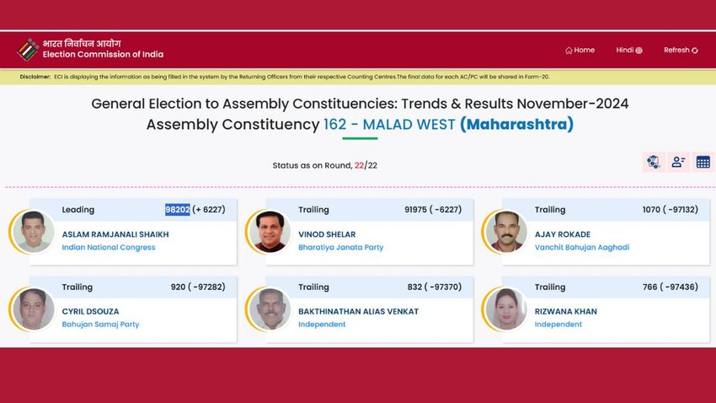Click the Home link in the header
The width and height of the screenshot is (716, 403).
(x=580, y=51)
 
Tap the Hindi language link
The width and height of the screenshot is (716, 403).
(x=629, y=51)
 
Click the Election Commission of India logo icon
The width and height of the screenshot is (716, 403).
(x=28, y=50)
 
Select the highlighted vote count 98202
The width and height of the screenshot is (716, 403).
(x=178, y=210)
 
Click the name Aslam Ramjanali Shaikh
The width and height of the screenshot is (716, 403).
(x=115, y=234)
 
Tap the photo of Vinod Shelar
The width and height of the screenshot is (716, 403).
(x=270, y=231)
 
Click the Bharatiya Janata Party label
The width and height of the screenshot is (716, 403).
(x=340, y=247)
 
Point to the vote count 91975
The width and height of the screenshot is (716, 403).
(x=417, y=210)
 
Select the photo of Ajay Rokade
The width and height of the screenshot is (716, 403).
(x=506, y=231)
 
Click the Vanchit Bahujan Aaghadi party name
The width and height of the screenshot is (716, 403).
(x=582, y=247)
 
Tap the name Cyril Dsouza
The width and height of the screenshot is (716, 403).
(x=90, y=312)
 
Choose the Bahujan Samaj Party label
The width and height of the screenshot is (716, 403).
(x=100, y=325)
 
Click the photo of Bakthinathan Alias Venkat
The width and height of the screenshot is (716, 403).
(x=270, y=309)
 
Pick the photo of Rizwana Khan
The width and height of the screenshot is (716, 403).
(x=506, y=309)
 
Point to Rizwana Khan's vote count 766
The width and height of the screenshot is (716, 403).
(x=649, y=287)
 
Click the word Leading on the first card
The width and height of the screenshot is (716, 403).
(x=78, y=210)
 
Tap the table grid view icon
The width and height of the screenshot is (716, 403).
(x=703, y=162)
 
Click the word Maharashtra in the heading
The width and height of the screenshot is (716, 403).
(x=516, y=124)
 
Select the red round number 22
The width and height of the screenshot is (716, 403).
(x=359, y=165)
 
